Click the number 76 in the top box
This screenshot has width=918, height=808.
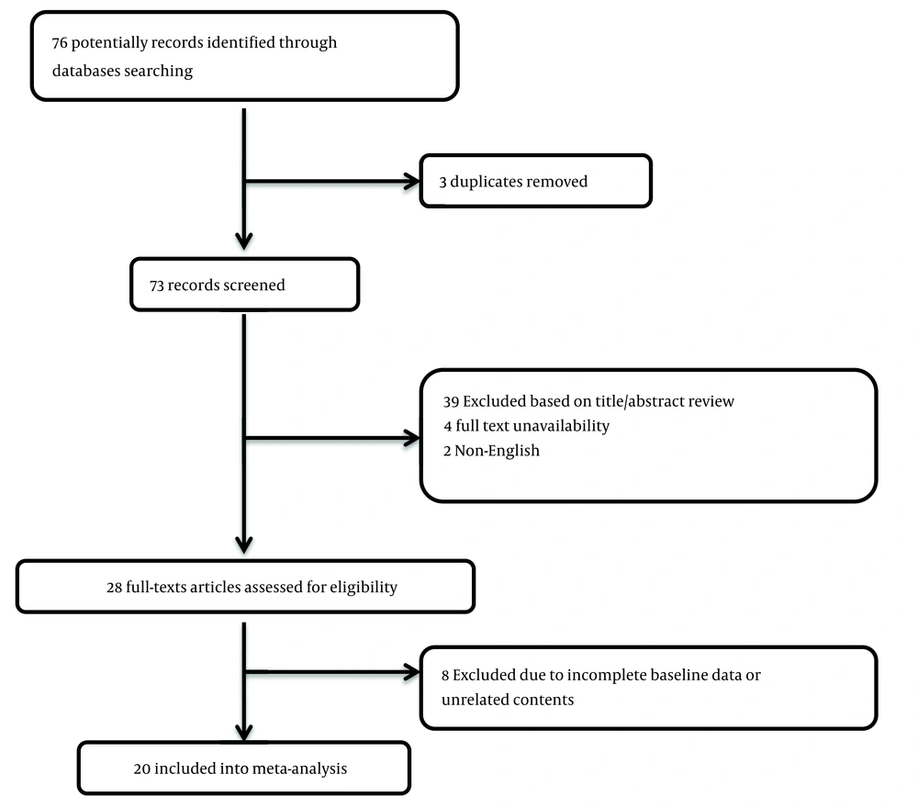(60, 43)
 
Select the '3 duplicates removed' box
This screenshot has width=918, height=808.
(536, 181)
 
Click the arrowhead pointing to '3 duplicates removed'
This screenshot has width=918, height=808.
(411, 182)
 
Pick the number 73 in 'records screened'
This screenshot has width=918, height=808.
(156, 286)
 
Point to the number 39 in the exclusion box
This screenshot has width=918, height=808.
(451, 401)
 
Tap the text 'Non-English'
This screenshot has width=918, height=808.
(497, 451)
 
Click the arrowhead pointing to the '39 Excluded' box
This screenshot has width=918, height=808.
(411, 438)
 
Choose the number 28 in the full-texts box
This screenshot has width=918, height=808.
(114, 588)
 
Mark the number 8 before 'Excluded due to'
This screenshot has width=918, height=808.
(445, 676)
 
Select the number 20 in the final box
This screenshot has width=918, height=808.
(142, 769)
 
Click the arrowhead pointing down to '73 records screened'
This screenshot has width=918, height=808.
(244, 241)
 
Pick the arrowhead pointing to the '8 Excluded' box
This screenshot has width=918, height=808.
(411, 672)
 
